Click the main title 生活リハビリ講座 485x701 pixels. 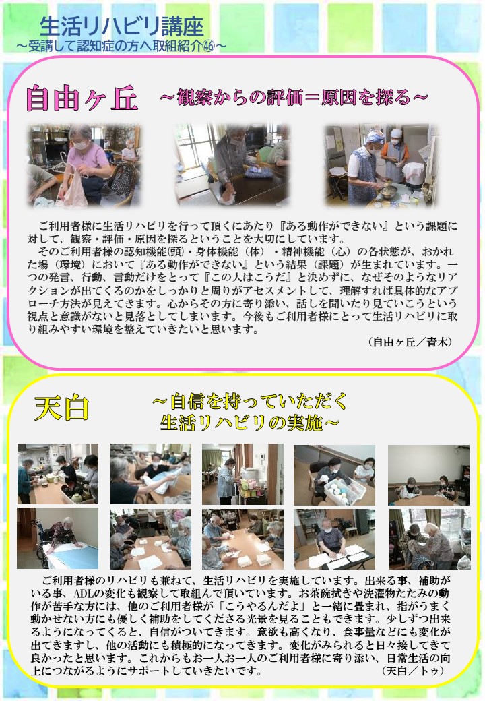pyautogui.click(x=121, y=26)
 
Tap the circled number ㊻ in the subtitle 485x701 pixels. pyautogui.click(x=209, y=46)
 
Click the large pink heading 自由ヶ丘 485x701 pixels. pyautogui.click(x=82, y=98)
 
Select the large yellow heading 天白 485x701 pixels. pyautogui.click(x=62, y=408)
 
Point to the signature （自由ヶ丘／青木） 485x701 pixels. pyautogui.click(x=410, y=342)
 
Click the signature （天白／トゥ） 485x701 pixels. pyautogui.click(x=413, y=671)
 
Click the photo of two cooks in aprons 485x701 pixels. pyautogui.click(x=381, y=165)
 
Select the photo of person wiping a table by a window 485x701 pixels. pyautogui.click(x=231, y=165)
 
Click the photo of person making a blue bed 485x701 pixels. pyautogui.click(x=58, y=539)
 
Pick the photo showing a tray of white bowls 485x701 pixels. pyautogui.click(x=335, y=475)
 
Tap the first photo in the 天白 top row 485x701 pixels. pyautogui.click(x=58, y=474)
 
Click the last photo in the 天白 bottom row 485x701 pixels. pyautogui.click(x=430, y=539)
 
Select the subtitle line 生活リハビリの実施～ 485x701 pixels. pyautogui.click(x=250, y=423)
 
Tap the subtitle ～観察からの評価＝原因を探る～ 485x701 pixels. pyautogui.click(x=294, y=97)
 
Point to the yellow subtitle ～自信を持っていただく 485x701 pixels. pyautogui.click(x=250, y=401)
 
